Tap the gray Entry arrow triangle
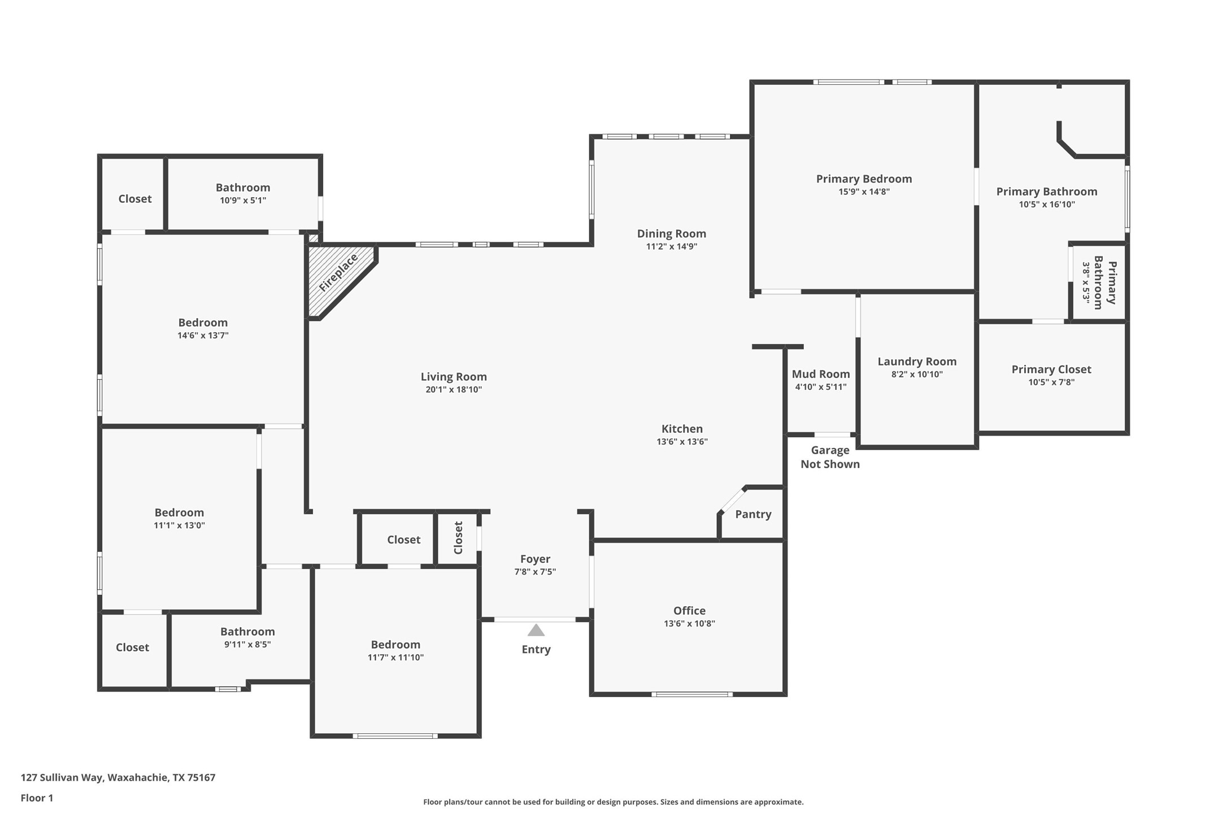(x=536, y=630)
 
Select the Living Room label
(x=454, y=377)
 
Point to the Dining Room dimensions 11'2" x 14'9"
(x=672, y=246)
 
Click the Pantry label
(x=753, y=514)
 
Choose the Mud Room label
(x=821, y=374)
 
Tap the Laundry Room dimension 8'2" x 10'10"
(x=917, y=374)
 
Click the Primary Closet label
(x=1051, y=369)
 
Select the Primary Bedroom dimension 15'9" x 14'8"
(x=864, y=192)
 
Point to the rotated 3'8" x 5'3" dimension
(x=1086, y=282)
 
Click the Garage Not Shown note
(x=830, y=457)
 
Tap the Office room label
(x=689, y=611)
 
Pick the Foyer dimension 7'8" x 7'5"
(x=535, y=572)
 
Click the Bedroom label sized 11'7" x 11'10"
(x=395, y=645)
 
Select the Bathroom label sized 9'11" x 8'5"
(x=247, y=632)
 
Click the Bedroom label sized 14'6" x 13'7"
(x=203, y=323)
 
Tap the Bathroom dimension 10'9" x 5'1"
(x=243, y=201)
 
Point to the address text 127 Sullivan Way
(x=62, y=778)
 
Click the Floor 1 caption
(x=37, y=798)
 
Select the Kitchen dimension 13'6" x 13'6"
(x=682, y=442)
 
